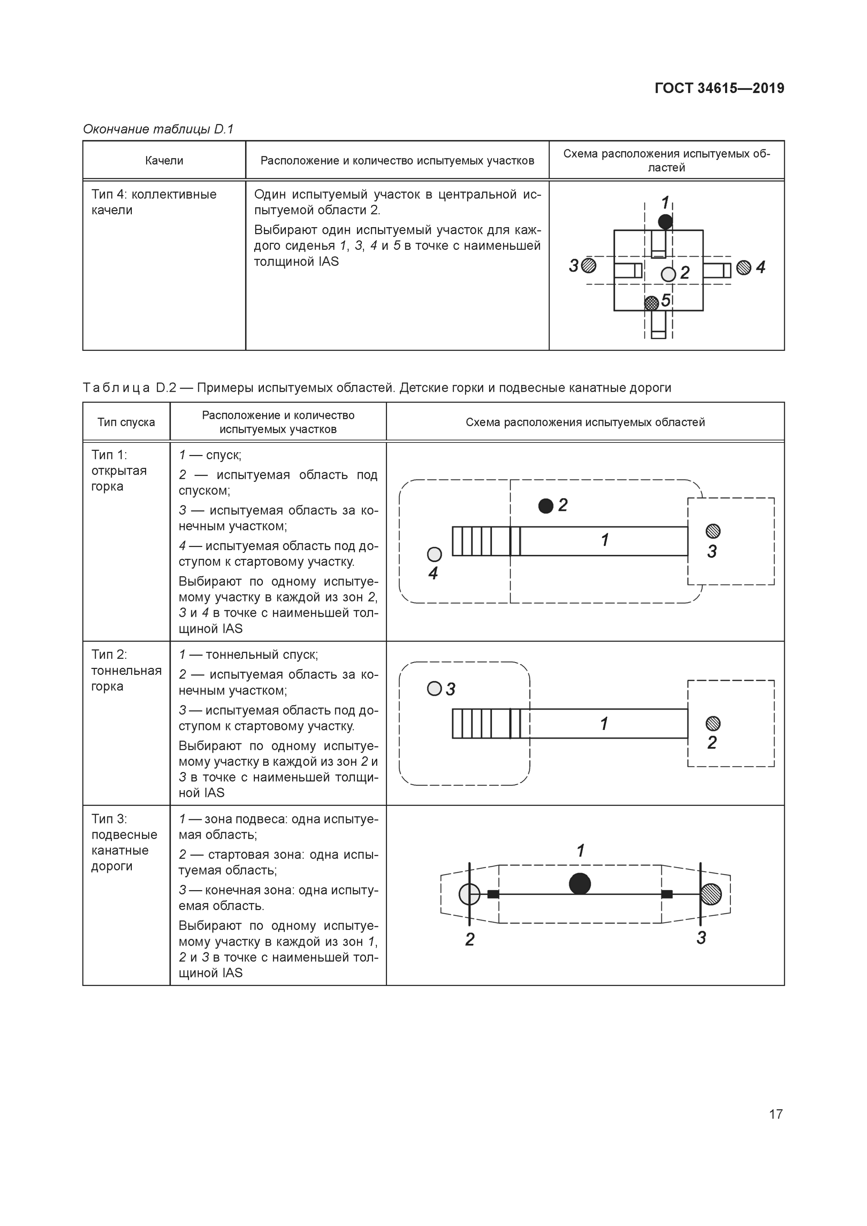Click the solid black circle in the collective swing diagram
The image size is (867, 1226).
(x=665, y=222)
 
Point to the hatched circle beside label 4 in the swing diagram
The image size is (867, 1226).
(x=744, y=267)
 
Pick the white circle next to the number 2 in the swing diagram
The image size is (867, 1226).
(x=668, y=274)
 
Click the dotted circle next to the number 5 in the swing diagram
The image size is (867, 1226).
(x=651, y=303)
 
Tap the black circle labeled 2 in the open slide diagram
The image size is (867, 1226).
(x=545, y=506)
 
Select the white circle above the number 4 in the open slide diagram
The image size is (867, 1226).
(x=434, y=554)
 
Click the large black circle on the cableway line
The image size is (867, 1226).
(x=580, y=883)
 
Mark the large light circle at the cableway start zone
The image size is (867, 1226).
(x=469, y=894)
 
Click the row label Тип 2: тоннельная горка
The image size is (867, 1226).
(x=126, y=670)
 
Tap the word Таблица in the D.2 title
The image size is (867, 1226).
(x=116, y=388)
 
